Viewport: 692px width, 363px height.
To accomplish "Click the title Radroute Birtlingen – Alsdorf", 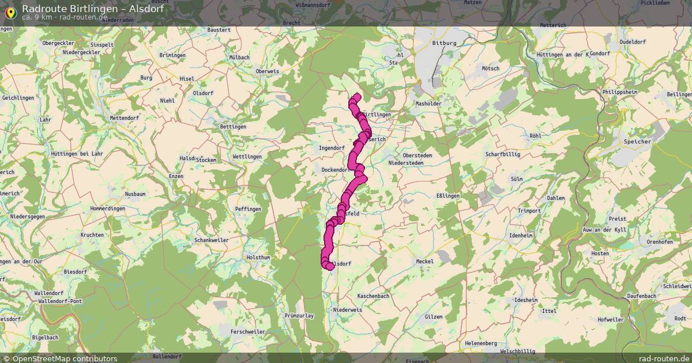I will click(x=93, y=9).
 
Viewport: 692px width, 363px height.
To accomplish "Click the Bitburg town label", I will click(x=444, y=43).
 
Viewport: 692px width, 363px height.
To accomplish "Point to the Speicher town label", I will click(x=637, y=141).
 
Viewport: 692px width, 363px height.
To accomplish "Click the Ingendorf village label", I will click(x=332, y=148).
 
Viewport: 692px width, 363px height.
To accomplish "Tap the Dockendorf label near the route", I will click(x=335, y=170).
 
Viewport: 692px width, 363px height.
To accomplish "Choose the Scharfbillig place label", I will click(x=503, y=154).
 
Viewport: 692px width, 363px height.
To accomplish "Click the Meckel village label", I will click(x=424, y=262).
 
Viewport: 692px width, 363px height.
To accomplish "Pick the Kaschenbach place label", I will click(x=374, y=296).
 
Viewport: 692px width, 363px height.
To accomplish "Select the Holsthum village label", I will click(x=258, y=257).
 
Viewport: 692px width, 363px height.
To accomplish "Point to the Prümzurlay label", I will click(x=299, y=316).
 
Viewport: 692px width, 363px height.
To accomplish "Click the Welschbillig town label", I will click(x=517, y=351).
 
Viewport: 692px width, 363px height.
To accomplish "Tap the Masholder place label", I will click(x=428, y=104).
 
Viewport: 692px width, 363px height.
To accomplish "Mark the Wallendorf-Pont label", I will click(x=60, y=301).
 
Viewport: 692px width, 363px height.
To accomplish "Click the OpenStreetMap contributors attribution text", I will click(x=65, y=358).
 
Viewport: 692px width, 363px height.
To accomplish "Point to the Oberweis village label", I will click(x=267, y=71).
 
